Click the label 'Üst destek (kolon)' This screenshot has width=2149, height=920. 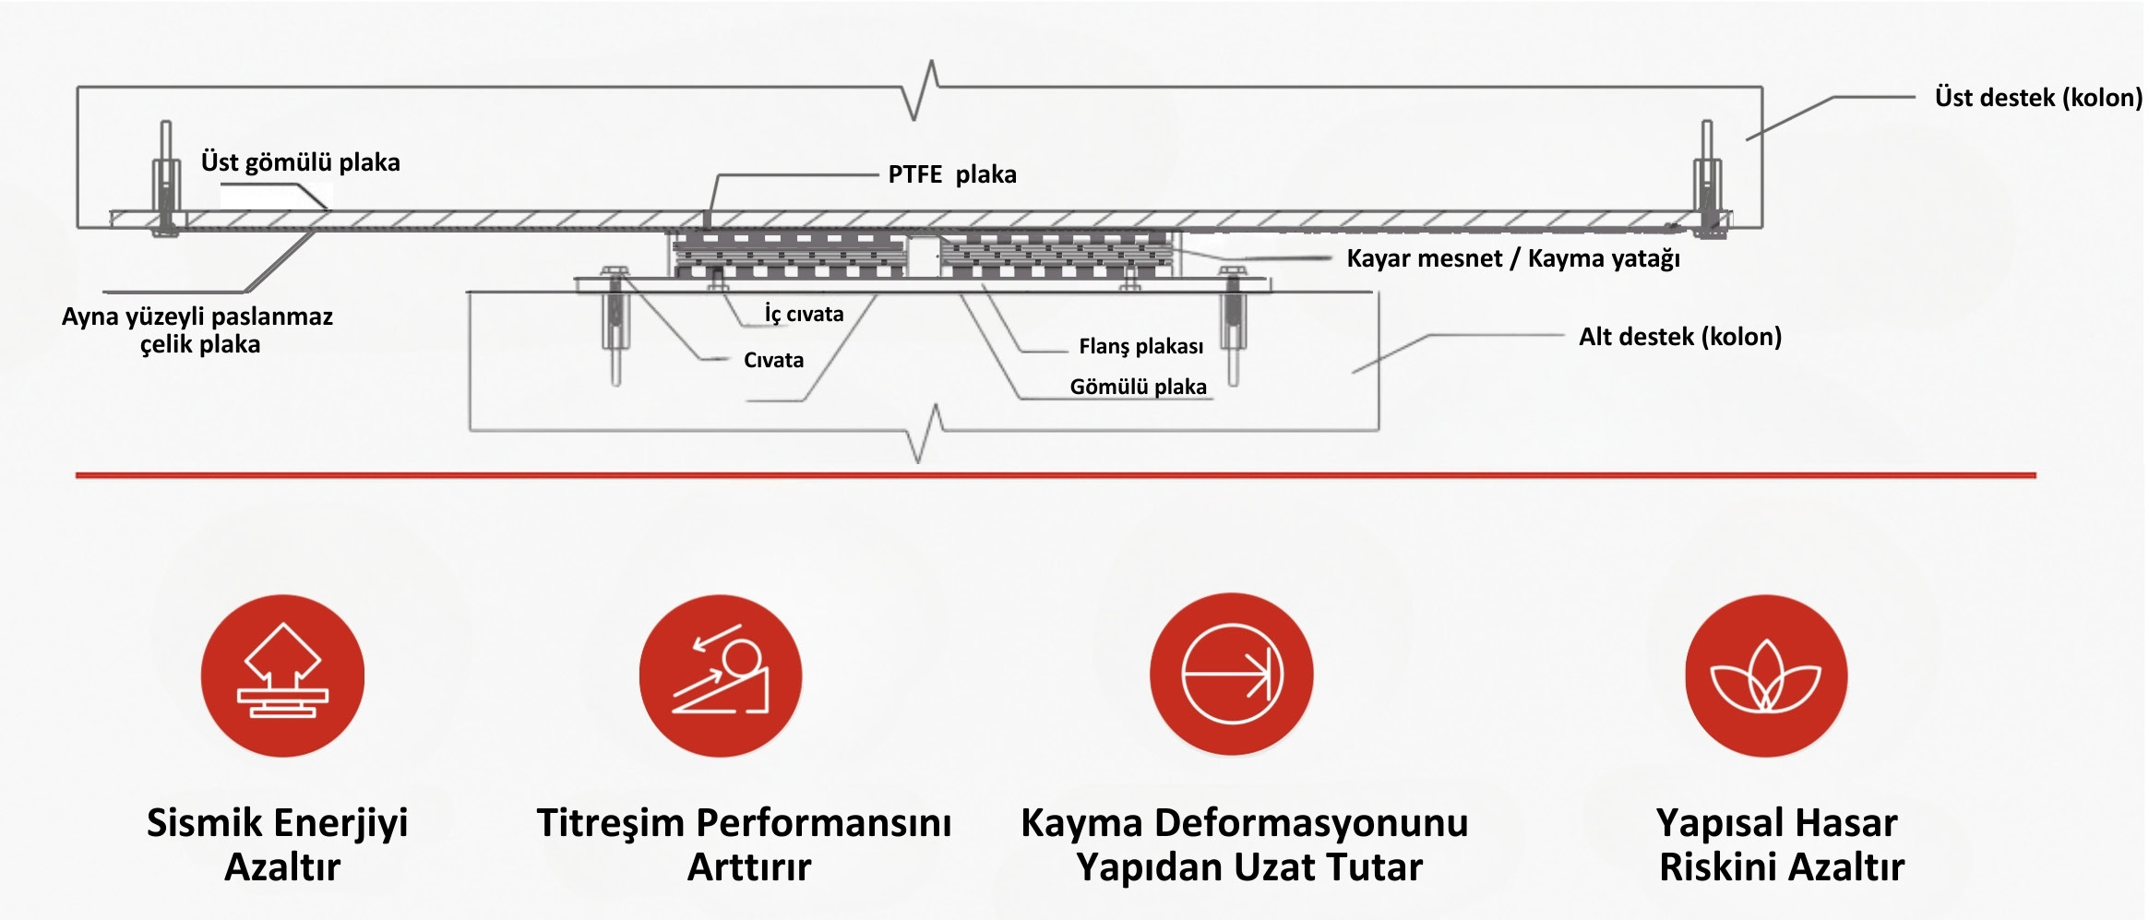(2037, 98)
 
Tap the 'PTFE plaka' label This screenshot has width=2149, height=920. (951, 174)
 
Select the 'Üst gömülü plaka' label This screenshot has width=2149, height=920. (301, 162)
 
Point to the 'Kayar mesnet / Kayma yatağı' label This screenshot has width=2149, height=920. (1512, 258)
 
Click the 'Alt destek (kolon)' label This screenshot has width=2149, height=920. (1679, 336)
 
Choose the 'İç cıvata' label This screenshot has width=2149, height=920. (804, 314)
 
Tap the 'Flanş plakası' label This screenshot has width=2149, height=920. (1140, 346)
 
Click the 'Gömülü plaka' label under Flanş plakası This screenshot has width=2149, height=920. (1138, 387)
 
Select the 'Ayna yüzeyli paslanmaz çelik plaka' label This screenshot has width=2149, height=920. (197, 329)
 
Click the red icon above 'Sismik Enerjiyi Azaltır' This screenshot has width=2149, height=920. (282, 675)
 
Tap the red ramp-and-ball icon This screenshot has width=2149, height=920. (721, 675)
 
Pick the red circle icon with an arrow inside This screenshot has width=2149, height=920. (1231, 674)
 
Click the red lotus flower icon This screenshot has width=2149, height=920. (1765, 675)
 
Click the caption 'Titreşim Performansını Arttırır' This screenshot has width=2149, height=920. (745, 843)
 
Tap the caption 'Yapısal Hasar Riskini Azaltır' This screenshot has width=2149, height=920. (1779, 843)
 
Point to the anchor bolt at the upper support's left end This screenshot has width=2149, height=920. (166, 180)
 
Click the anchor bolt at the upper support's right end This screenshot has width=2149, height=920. (1707, 180)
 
